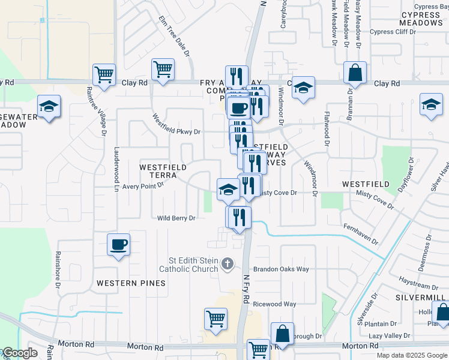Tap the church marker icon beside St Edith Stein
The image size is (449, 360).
point(227,263)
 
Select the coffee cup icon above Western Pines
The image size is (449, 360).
point(118,245)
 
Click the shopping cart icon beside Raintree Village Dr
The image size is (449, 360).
point(104,75)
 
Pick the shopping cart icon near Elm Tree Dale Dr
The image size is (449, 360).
point(163,70)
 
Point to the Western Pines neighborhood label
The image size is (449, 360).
point(131,283)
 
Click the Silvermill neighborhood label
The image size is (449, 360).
point(420,298)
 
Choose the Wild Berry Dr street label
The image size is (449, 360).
point(176,218)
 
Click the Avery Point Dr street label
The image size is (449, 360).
point(143,186)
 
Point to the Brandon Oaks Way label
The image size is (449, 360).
point(281,269)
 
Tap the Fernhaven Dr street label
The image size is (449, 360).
point(361,235)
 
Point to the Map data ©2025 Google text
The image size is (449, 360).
point(411,355)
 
